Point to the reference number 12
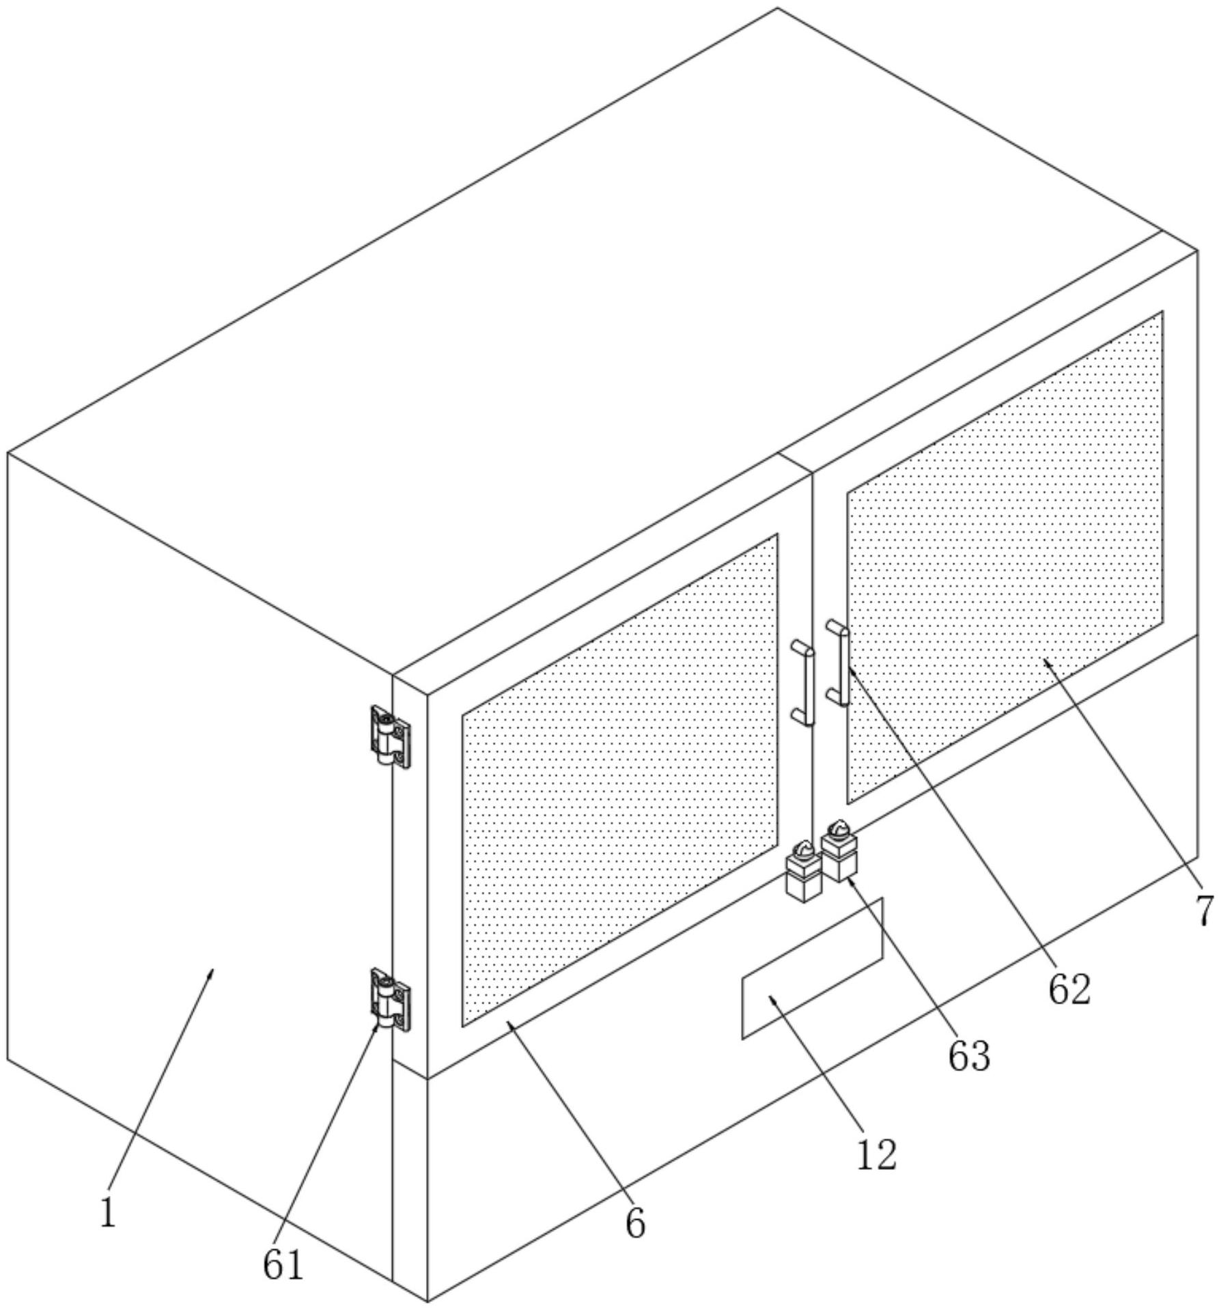(x=876, y=1155)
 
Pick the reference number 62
(x=1069, y=989)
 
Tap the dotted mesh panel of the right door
(x=1004, y=557)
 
